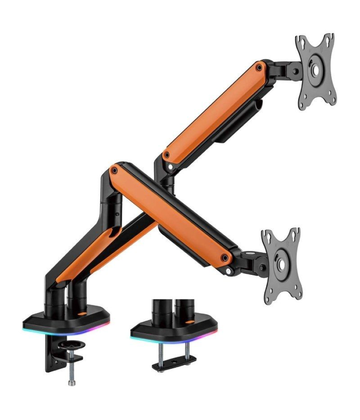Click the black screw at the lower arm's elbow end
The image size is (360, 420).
tap(115, 170)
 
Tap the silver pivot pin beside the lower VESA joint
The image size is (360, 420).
tap(228, 271)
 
